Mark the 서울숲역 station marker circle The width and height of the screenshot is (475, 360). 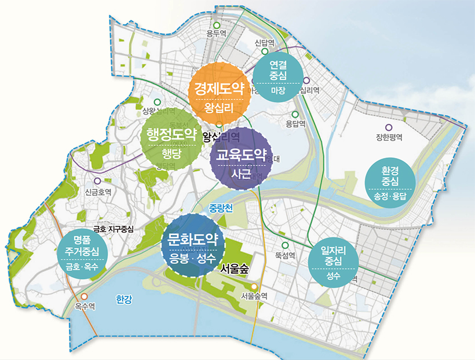[x=254, y=286]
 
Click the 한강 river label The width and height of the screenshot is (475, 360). [x=124, y=299]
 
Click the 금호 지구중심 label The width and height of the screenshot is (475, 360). [x=113, y=229]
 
